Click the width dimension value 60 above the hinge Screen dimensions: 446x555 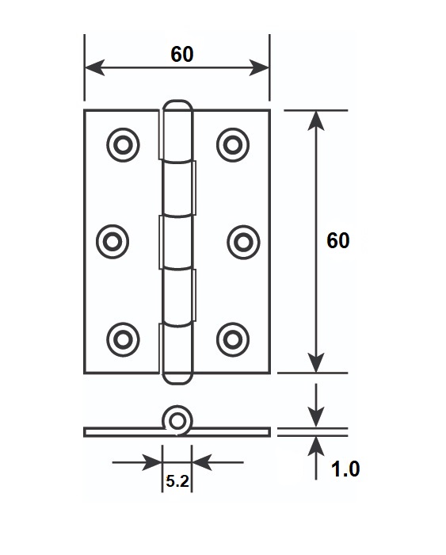(x=181, y=54)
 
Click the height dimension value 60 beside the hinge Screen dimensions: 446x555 (x=337, y=241)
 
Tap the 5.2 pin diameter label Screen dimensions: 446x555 (x=177, y=481)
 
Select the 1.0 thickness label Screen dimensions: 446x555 (x=345, y=469)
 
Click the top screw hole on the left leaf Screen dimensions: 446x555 (x=123, y=145)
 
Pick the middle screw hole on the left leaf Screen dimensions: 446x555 (x=112, y=242)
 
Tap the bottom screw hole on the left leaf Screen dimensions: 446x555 (x=123, y=340)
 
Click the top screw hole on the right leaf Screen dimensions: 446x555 (x=233, y=145)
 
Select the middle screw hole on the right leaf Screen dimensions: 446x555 (x=243, y=242)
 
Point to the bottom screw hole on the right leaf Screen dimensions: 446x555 (x=233, y=340)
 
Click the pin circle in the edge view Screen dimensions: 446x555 (x=177, y=421)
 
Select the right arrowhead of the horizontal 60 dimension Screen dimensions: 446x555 (x=259, y=67)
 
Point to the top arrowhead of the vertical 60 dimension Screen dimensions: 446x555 (x=316, y=121)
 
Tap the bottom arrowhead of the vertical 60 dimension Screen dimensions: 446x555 (x=316, y=363)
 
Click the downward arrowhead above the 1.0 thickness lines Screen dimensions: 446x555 (x=316, y=417)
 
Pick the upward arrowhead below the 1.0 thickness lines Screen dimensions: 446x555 (x=316, y=446)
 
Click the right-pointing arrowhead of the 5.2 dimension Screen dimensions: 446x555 (x=152, y=462)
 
